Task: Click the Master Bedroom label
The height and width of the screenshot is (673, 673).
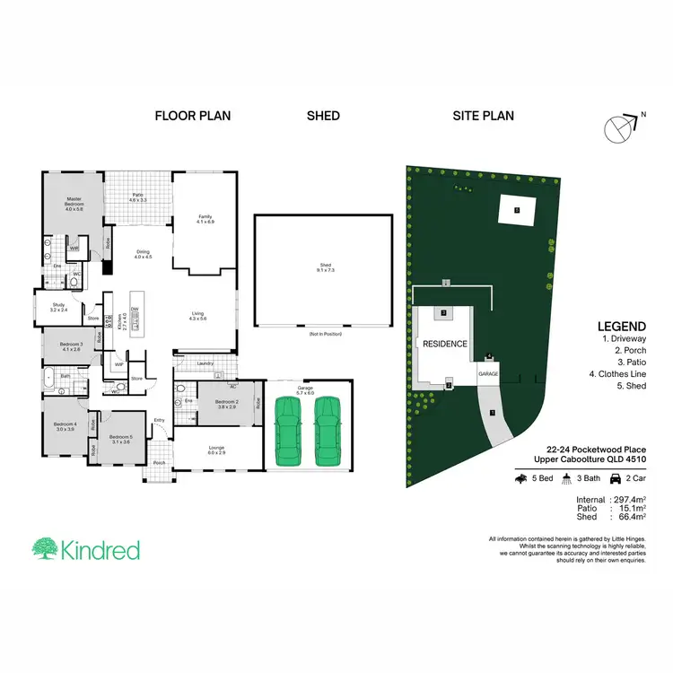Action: click(74, 205)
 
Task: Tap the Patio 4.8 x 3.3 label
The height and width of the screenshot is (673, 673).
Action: click(137, 197)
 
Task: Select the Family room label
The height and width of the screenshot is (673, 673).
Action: click(205, 218)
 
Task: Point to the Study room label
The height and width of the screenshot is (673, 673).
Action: click(57, 307)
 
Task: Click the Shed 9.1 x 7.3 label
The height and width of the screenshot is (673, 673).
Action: click(324, 267)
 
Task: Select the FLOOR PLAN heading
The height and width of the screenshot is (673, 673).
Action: click(193, 116)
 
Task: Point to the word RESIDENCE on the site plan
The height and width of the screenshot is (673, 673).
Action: click(444, 344)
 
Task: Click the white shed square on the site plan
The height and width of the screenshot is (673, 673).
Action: click(517, 210)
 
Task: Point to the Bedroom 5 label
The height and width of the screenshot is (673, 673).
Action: click(121, 439)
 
